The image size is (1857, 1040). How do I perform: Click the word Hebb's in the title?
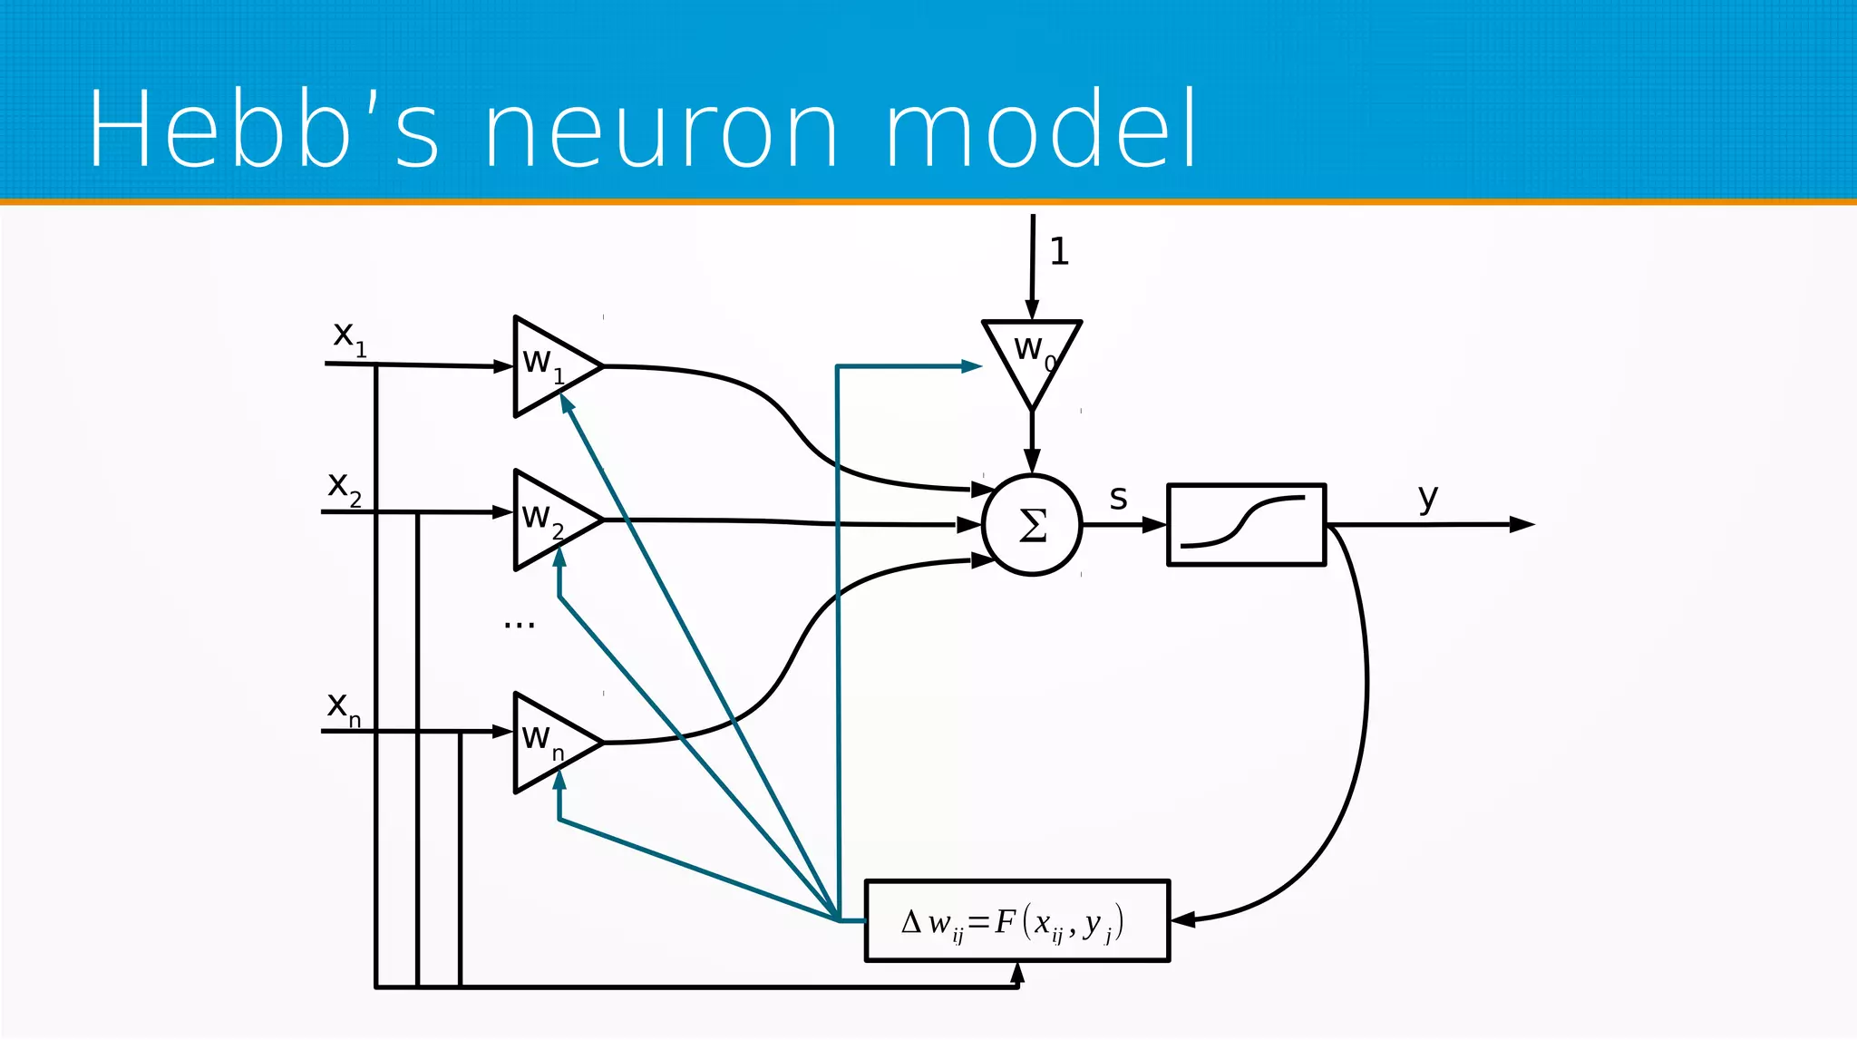coord(263,130)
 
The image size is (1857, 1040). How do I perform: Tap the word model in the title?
coord(1041,130)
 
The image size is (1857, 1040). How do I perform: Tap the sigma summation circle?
coord(1032,524)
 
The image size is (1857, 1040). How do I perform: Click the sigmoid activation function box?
coord(1246,524)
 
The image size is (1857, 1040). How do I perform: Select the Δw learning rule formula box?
coord(1016,920)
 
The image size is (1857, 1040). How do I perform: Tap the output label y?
coord(1428,498)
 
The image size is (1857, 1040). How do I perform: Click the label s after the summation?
coord(1118,498)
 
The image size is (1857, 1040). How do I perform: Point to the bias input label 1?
coord(1059,251)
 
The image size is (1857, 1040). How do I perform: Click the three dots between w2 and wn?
coord(520,625)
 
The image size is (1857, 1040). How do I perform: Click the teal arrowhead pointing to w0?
coord(972,366)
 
